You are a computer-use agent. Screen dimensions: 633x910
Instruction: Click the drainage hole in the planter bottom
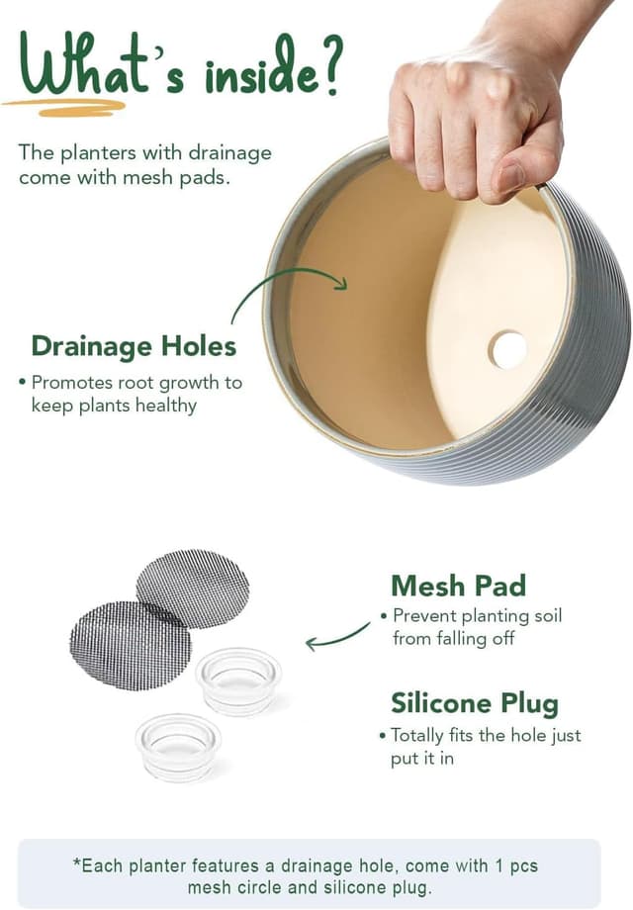(x=507, y=349)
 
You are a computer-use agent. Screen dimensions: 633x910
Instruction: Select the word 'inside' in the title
(x=262, y=75)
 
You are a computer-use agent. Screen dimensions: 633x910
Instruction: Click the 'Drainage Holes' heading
(x=135, y=346)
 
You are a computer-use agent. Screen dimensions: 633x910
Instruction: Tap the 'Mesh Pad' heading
(x=458, y=586)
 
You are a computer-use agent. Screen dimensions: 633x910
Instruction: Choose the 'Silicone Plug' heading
(x=475, y=703)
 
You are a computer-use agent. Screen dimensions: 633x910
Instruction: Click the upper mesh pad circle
(x=193, y=589)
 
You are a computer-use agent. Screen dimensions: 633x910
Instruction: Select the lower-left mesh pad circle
(x=130, y=645)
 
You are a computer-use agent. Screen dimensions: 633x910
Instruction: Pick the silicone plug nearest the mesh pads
(x=238, y=682)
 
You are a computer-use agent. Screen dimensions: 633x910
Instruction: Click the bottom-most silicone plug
(x=178, y=748)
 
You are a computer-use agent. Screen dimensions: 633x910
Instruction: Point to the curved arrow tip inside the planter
(x=342, y=283)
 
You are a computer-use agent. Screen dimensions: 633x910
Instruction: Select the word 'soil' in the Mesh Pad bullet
(x=548, y=615)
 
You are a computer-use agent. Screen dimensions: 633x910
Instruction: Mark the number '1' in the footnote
(x=498, y=865)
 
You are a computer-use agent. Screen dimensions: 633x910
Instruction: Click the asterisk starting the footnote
(x=76, y=863)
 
